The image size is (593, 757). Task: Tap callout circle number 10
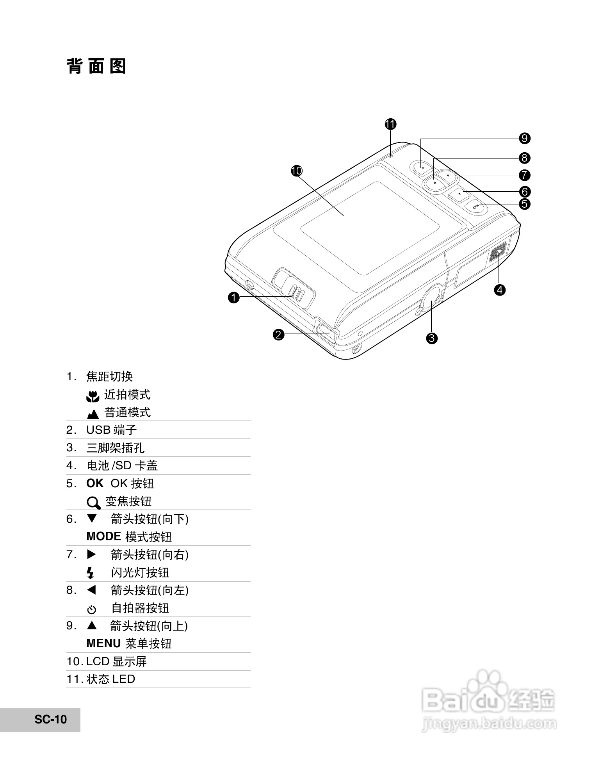point(297,171)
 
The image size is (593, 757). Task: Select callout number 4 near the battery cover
point(500,290)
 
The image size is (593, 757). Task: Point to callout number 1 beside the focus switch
point(233,297)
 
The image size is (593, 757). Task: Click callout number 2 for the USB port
point(278,335)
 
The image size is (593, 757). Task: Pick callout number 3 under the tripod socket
point(431,338)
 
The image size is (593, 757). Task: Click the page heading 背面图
point(96,66)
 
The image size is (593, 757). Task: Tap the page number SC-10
point(51,719)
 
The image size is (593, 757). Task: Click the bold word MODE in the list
point(103,536)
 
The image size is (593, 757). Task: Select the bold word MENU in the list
point(103,643)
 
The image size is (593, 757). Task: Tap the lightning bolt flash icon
point(91,573)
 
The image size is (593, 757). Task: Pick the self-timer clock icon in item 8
point(91,609)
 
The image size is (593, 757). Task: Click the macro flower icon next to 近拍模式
point(93,396)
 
